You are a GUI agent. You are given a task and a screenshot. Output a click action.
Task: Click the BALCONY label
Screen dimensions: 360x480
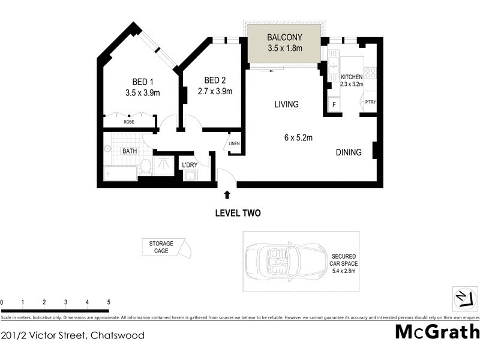pyautogui.click(x=285, y=35)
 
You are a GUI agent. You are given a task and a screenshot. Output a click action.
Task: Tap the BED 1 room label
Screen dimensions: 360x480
pyautogui.click(x=143, y=82)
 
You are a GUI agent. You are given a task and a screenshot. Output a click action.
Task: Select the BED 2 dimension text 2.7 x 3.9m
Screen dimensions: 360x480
pyautogui.click(x=215, y=91)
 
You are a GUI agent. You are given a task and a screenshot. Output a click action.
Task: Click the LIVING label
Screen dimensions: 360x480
pyautogui.click(x=286, y=104)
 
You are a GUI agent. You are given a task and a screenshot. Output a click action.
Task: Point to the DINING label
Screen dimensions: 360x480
pyautogui.click(x=348, y=152)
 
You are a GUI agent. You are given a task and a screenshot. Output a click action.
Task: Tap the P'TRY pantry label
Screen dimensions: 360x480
pyautogui.click(x=370, y=103)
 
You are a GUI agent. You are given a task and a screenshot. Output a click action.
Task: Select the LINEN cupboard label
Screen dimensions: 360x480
pyautogui.click(x=234, y=144)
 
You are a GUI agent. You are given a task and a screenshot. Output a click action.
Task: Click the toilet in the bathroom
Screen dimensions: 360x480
pyautogui.click(x=146, y=166)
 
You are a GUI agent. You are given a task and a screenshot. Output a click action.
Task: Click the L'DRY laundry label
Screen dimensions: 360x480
pyautogui.click(x=191, y=165)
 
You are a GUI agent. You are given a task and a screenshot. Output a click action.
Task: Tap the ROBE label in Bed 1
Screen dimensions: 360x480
pyautogui.click(x=129, y=122)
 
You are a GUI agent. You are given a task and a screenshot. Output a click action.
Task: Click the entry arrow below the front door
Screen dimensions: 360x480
pyautogui.click(x=227, y=194)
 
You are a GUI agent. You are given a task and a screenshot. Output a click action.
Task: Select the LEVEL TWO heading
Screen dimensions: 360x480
pyautogui.click(x=238, y=213)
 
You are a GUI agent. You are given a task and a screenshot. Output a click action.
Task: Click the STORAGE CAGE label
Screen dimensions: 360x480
pyautogui.click(x=161, y=247)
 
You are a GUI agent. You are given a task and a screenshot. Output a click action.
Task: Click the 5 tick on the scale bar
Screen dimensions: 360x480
pyautogui.click(x=109, y=302)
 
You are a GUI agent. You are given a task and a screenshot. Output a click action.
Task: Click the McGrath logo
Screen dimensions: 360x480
pyautogui.click(x=437, y=331)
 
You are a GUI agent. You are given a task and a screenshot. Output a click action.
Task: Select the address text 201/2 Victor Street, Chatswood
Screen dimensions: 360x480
pyautogui.click(x=73, y=335)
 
